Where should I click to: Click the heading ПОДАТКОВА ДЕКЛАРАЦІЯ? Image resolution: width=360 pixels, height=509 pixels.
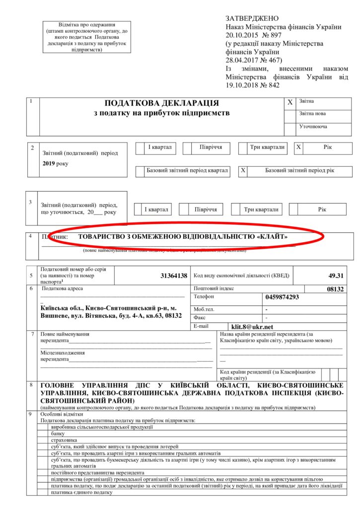[x=161, y=103]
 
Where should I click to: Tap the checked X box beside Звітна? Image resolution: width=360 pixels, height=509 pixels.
[x=290, y=102]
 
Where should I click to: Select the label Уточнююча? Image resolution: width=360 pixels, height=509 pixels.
[x=313, y=127]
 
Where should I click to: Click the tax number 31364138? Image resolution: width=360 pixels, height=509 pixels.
[x=174, y=276]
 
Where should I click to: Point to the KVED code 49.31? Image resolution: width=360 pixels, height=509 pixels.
[x=336, y=276]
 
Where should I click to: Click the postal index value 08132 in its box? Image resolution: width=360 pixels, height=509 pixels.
[x=336, y=289]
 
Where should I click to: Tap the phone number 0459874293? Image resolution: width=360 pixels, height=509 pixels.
[x=283, y=297]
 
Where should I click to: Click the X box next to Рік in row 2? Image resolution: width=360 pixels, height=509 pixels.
[x=298, y=147]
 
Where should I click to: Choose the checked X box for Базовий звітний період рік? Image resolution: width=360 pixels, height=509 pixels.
[x=243, y=171]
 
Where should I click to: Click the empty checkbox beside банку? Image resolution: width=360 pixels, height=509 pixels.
[x=43, y=433]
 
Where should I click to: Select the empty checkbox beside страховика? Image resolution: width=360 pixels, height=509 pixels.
[x=43, y=439]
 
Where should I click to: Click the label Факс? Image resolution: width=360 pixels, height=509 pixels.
[x=200, y=317]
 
